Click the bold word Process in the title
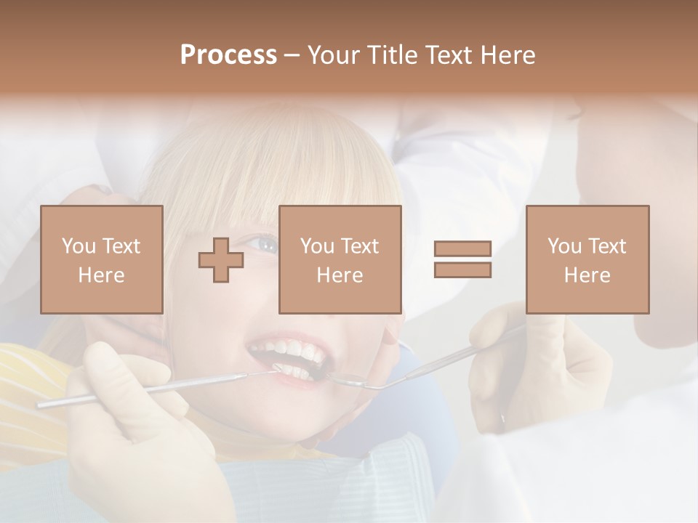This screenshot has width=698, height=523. pos(228,55)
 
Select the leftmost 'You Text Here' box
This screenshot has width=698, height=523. pos(102,260)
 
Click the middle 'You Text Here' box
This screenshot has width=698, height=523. pos(340,260)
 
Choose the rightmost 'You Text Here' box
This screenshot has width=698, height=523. pos(587,260)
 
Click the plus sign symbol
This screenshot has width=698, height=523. pos(221,260)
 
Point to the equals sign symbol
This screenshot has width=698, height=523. pos(462,260)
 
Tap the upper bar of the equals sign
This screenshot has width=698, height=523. pos(462,249)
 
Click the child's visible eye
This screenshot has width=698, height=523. pos(265,244)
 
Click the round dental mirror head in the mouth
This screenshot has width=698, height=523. pos(348,378)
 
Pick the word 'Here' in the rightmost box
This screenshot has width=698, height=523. pos(587,275)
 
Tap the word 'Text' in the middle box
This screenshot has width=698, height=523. pos(359,246)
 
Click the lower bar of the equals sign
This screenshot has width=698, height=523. pos(462,270)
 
